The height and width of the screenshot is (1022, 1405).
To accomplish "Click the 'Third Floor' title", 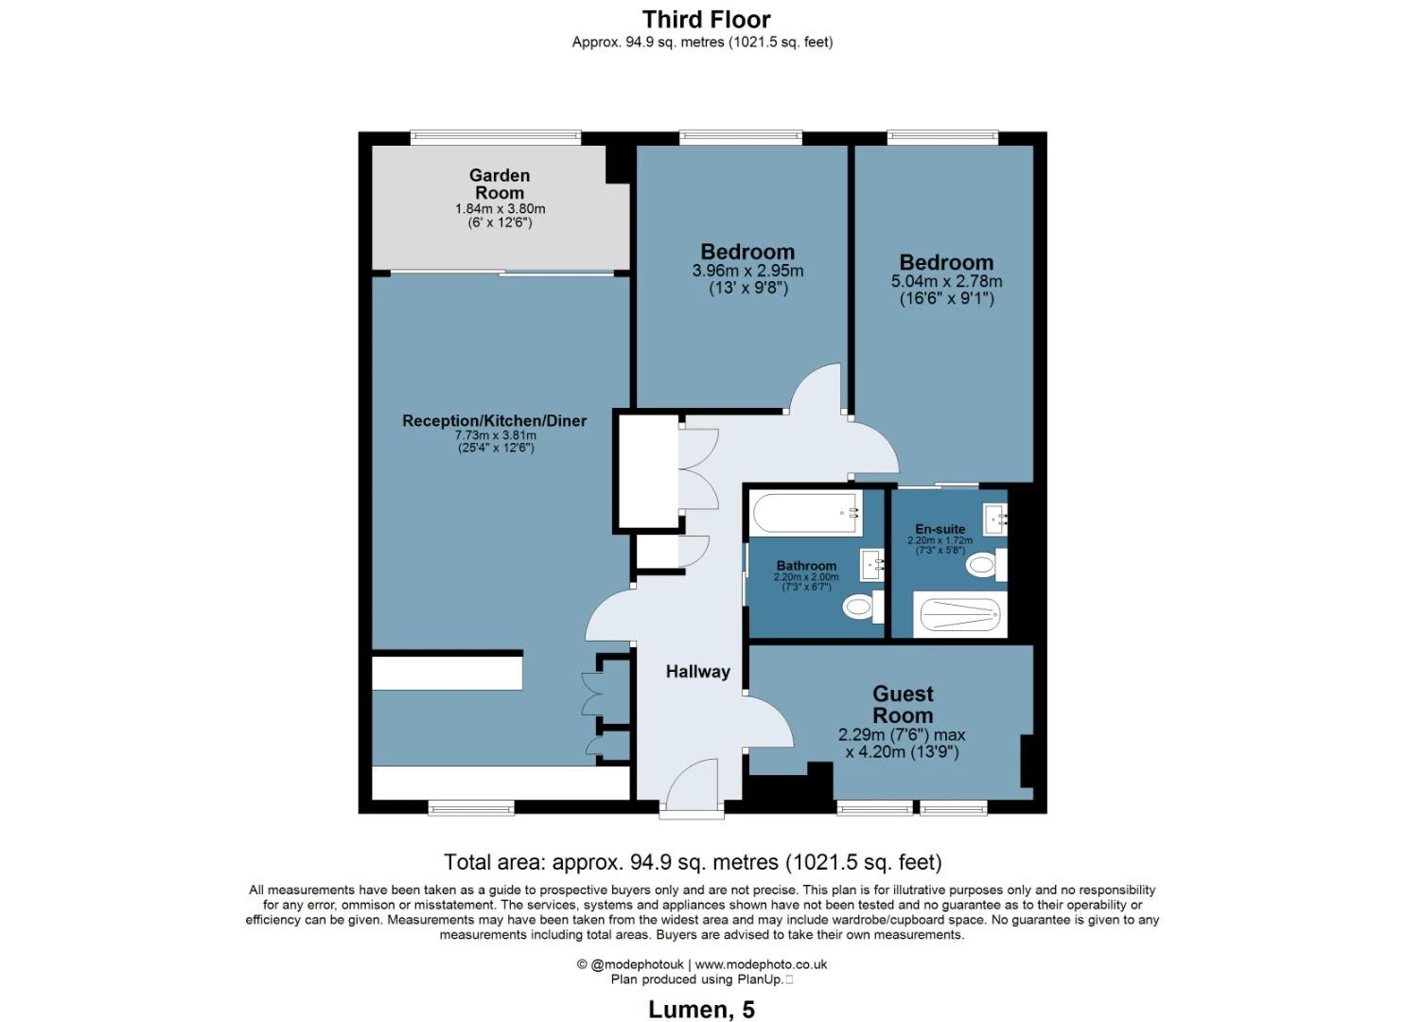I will point(706,19).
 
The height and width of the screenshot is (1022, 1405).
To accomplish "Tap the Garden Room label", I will point(500,184).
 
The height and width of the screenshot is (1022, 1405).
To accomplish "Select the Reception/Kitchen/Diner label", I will point(494,420).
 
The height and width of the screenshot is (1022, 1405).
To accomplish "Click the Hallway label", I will point(697,672).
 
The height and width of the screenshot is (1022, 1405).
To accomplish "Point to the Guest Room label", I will point(903,705).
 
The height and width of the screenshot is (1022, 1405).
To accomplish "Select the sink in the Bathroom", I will point(872,565).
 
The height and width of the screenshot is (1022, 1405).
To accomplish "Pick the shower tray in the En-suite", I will point(959,616).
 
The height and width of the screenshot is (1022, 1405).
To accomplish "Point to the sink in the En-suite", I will point(995,518).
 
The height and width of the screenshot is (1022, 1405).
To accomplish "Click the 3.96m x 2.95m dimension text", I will point(747,271).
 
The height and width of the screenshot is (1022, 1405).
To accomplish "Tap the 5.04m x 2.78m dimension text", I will point(946,281).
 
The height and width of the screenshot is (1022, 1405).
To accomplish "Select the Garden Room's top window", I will point(496,138).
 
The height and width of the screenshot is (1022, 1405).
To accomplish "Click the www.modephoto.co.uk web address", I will point(762,964).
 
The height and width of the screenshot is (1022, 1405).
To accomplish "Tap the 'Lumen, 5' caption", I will point(701,1010).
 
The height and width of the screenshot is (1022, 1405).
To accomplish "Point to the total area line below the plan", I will point(693,862).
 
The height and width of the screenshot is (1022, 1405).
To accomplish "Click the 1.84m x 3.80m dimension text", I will point(500,209).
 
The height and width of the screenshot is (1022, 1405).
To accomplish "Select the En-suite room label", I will point(940,529).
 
